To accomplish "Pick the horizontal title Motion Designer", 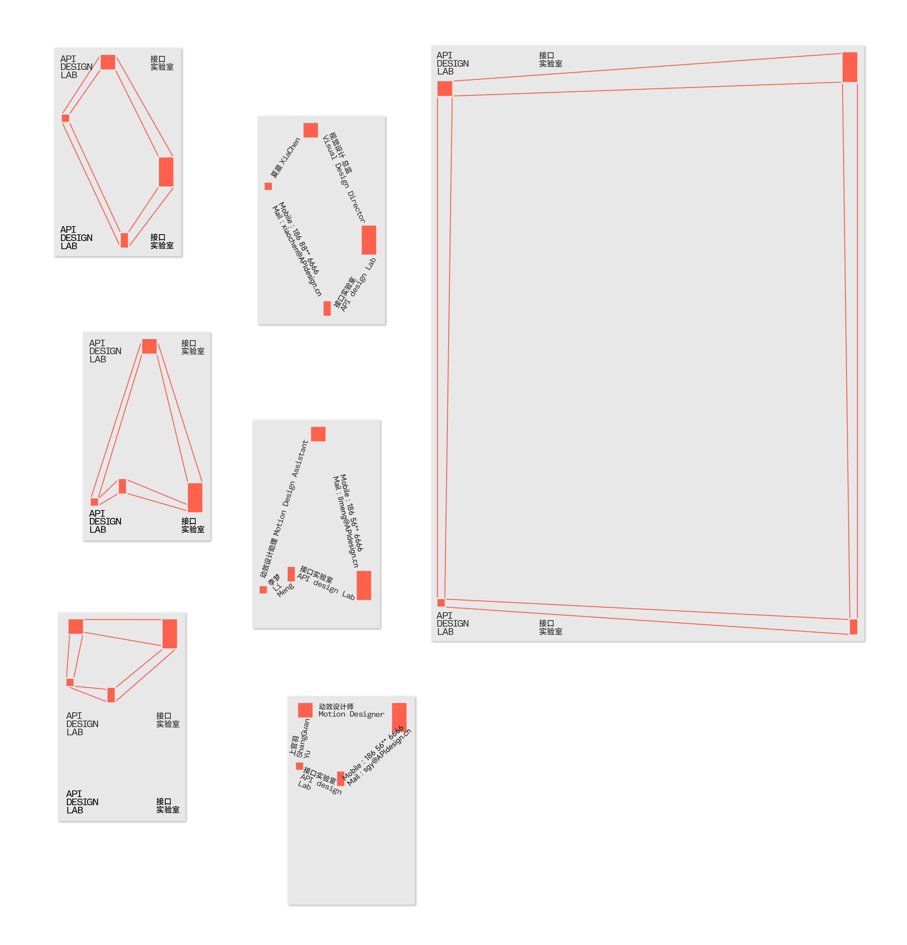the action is click(x=351, y=714).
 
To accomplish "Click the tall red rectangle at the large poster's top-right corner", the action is click(x=850, y=67).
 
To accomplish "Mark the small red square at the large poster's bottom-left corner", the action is click(x=441, y=603).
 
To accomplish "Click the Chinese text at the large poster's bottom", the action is click(x=550, y=627).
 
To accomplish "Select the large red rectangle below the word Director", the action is click(x=369, y=240).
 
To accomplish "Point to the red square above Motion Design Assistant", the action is click(x=318, y=434).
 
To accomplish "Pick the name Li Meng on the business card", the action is click(x=281, y=586).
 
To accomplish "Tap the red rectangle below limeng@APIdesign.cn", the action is click(x=364, y=585).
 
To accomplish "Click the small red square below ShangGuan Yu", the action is click(x=299, y=766).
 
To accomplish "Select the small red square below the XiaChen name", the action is click(x=268, y=186).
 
